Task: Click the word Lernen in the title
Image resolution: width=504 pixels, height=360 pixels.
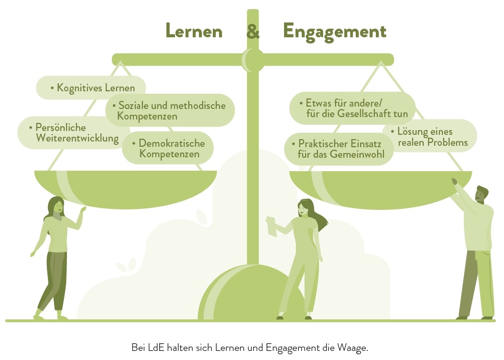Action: (x=194, y=31)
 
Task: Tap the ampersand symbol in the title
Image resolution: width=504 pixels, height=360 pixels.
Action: (x=253, y=31)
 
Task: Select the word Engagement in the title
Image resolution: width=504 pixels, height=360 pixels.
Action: (x=334, y=32)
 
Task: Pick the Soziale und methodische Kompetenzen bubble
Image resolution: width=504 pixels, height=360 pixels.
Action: (x=171, y=110)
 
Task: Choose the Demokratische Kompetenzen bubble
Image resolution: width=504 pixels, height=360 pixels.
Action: (x=168, y=148)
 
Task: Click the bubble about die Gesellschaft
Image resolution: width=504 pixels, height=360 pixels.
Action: (x=352, y=109)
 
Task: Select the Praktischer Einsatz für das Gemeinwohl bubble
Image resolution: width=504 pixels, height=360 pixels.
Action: (x=339, y=149)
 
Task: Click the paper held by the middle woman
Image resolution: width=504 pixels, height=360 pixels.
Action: (x=271, y=226)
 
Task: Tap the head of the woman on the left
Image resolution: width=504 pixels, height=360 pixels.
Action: (x=55, y=206)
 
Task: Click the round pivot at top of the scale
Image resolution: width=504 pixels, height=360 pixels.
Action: (x=252, y=60)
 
